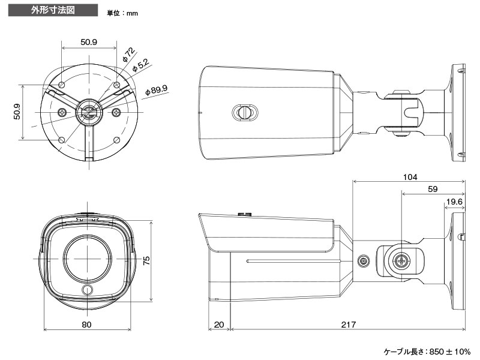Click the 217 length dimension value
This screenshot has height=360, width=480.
tap(349, 325)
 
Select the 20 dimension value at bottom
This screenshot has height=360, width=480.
tap(219, 325)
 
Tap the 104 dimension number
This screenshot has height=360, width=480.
tap(410, 177)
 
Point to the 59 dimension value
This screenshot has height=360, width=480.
tap(433, 189)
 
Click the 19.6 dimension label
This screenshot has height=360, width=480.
tap(454, 202)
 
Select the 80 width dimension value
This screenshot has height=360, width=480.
tap(86, 325)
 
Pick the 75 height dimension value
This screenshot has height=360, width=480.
tap(146, 260)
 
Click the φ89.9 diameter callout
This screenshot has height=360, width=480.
tap(156, 91)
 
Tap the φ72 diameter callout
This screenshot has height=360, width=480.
tap(128, 55)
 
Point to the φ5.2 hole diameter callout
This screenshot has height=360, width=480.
tap(140, 65)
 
